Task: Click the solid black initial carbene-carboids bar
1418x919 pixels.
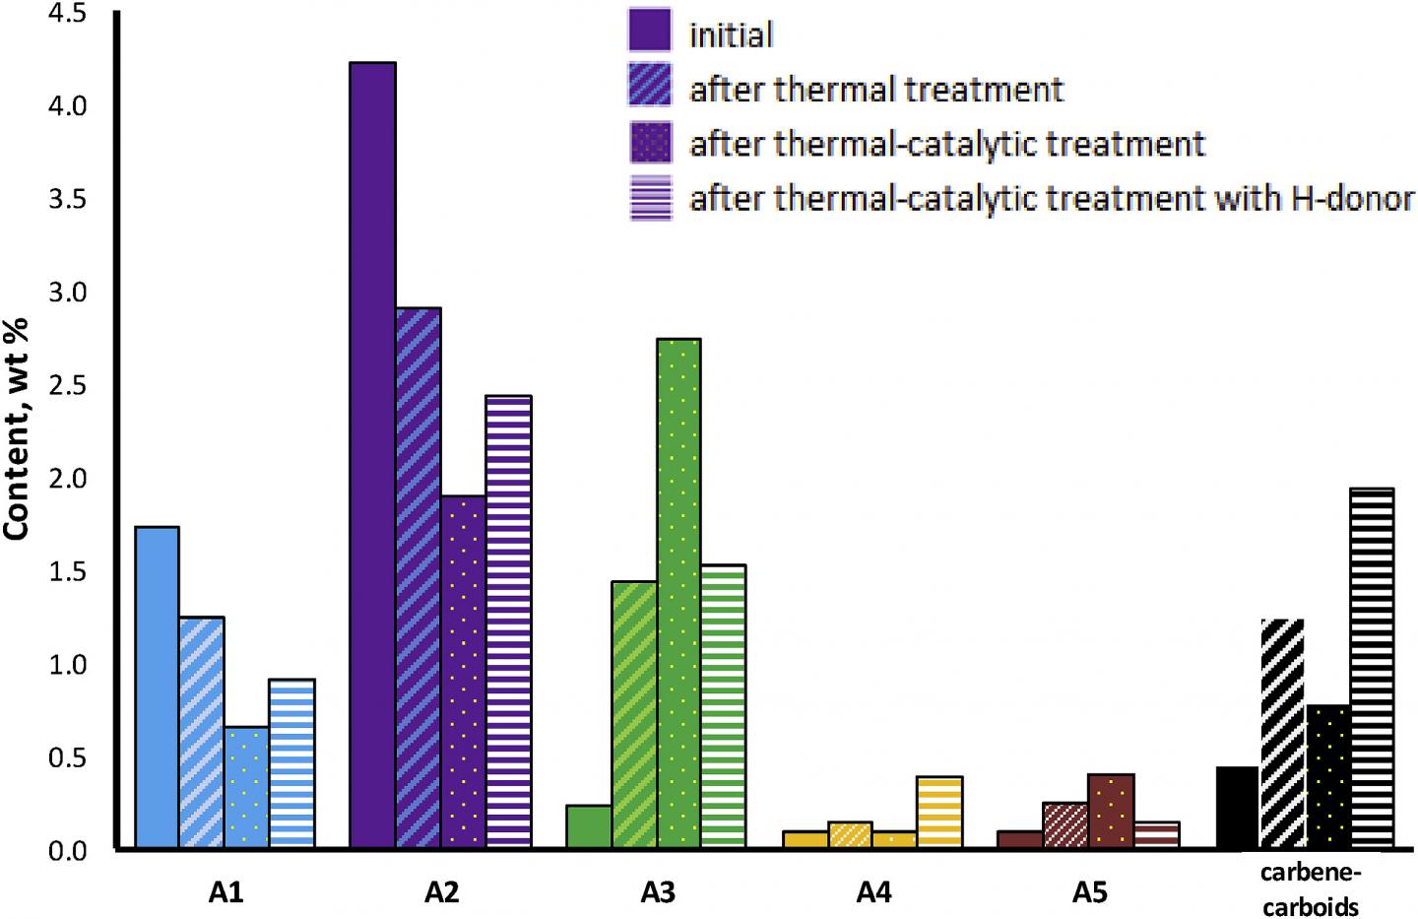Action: point(1238,808)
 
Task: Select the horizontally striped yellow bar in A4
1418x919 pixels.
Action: point(939,813)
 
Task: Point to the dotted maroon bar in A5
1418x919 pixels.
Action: point(1111,812)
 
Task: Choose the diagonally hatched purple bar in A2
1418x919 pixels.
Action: point(419,577)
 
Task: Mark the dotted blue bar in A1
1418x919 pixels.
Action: point(247,787)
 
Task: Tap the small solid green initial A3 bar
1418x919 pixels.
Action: point(589,826)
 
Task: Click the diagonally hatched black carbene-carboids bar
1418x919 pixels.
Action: point(1282,734)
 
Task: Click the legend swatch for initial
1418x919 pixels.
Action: point(649,31)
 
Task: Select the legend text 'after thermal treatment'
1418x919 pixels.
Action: point(876,90)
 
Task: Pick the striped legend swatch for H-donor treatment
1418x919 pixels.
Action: point(649,198)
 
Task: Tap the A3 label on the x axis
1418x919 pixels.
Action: point(657,892)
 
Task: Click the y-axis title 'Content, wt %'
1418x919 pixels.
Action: point(17,427)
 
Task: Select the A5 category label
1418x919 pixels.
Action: point(1090,892)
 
